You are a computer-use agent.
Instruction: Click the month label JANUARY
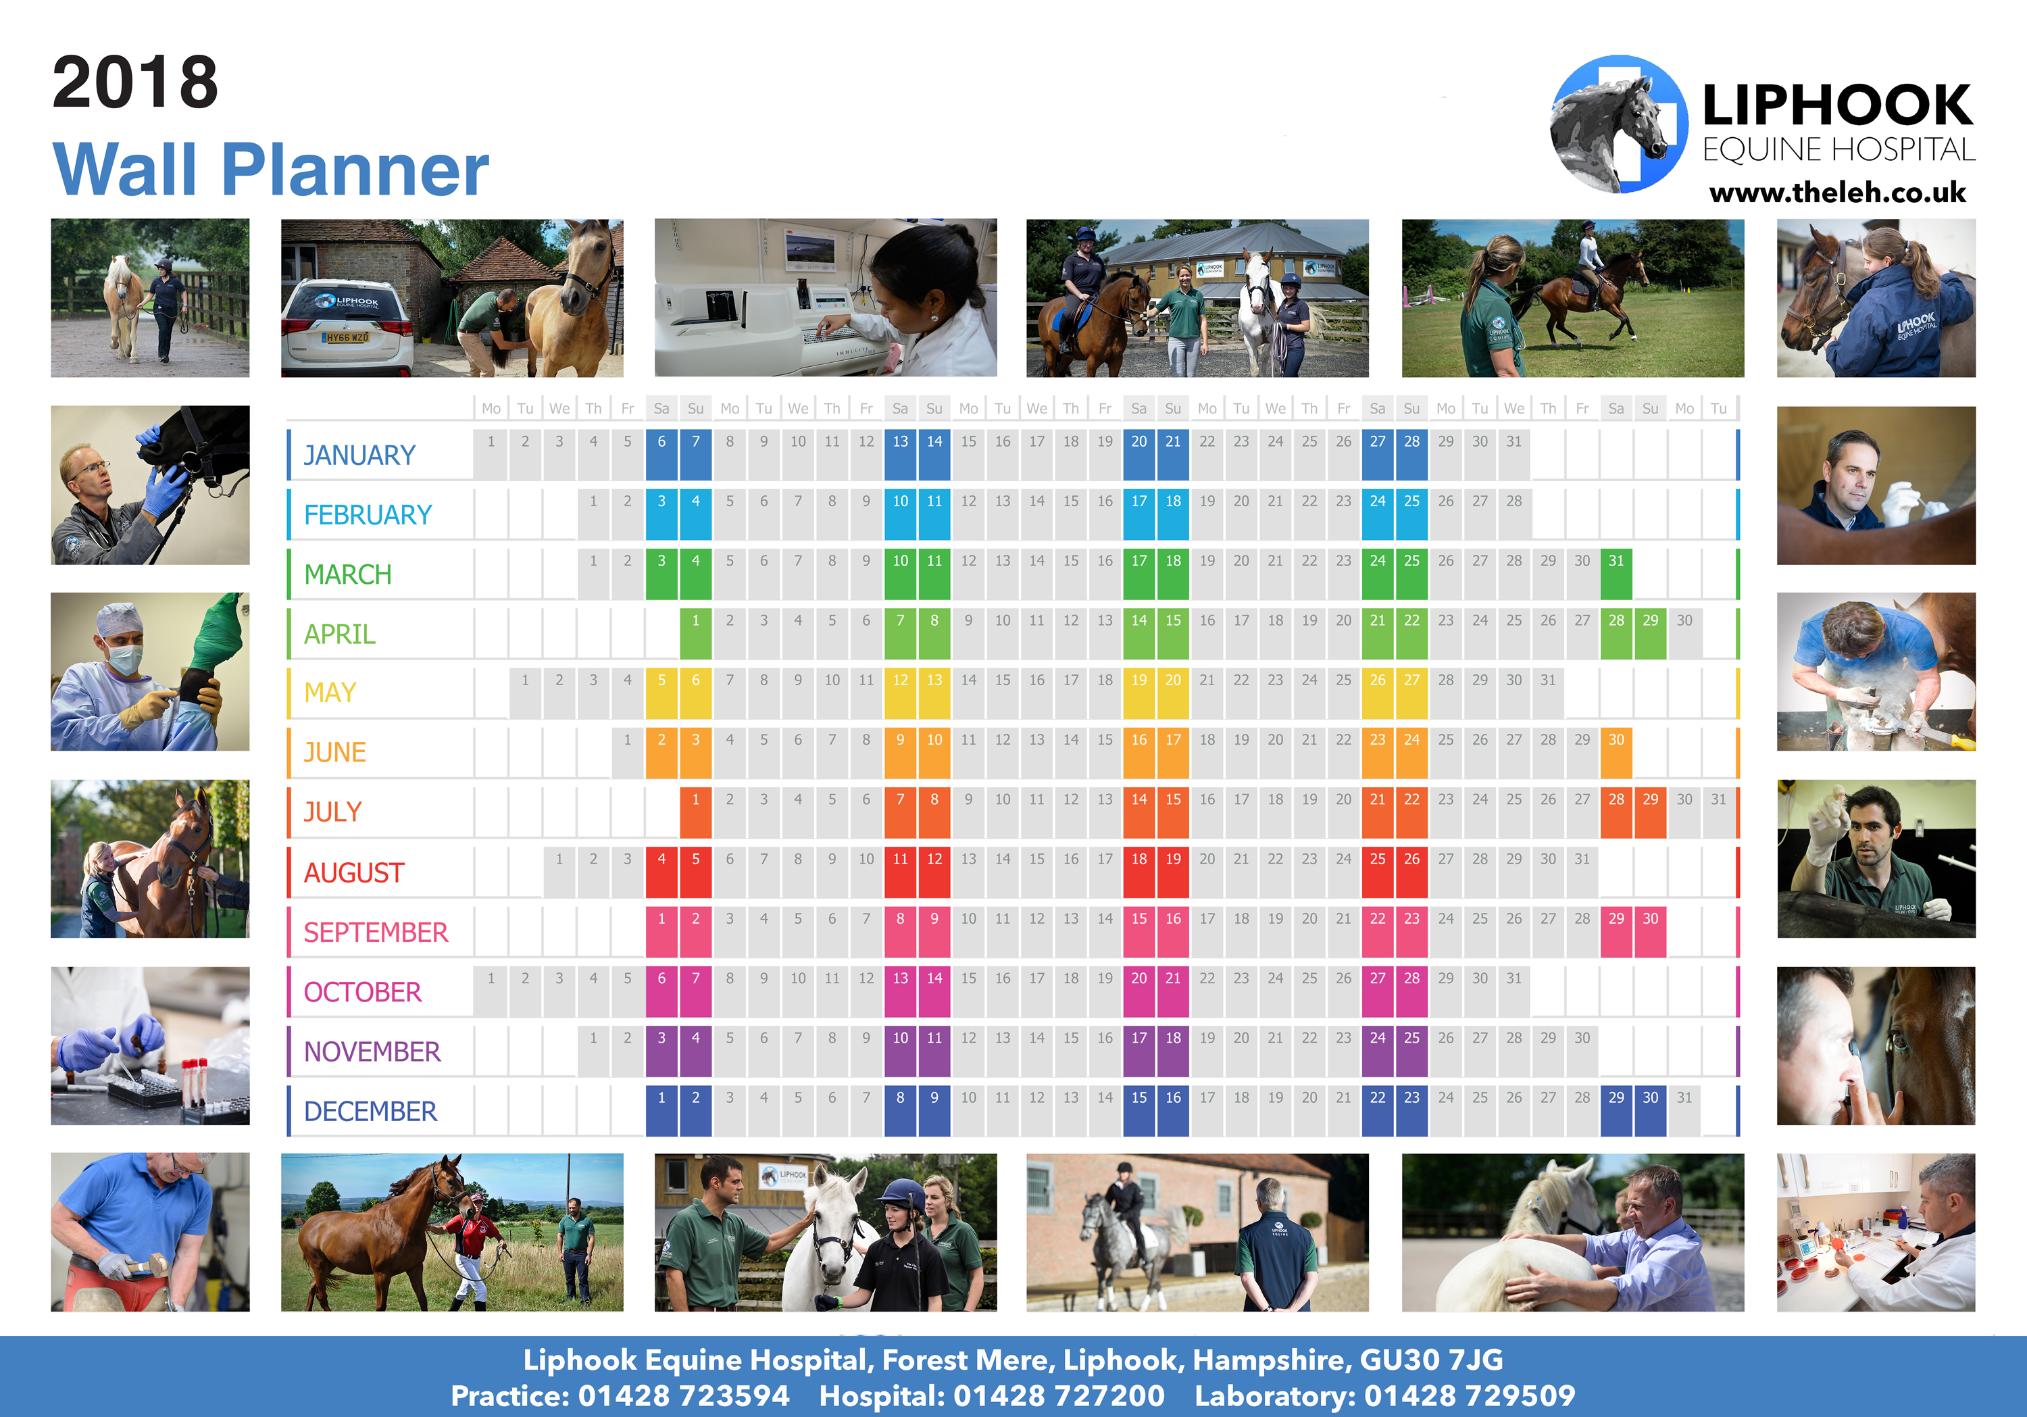click(359, 455)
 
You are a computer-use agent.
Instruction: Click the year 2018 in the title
click(135, 83)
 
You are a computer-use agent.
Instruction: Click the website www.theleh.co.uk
click(1837, 193)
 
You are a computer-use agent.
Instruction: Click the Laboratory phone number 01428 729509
click(1470, 1396)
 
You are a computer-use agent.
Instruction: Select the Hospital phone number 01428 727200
click(1059, 1396)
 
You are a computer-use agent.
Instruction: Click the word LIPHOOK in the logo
click(1837, 106)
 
